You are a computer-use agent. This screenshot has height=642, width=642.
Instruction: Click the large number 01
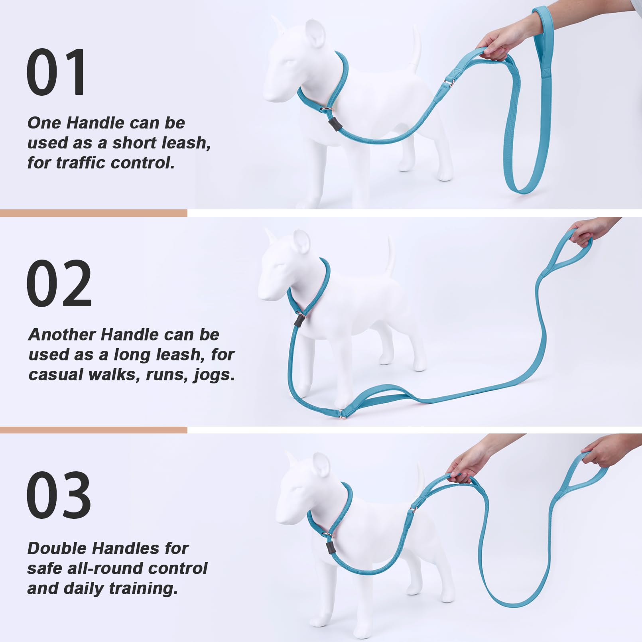coord(56,72)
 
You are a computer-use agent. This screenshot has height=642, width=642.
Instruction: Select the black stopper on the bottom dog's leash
coord(330,547)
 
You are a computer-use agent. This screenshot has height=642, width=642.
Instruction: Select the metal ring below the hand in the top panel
coord(450,83)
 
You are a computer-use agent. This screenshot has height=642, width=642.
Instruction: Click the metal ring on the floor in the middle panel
coord(342,416)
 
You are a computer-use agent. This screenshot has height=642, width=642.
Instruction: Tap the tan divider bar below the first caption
coord(94,213)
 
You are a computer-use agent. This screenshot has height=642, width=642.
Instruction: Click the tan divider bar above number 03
coord(94,430)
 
